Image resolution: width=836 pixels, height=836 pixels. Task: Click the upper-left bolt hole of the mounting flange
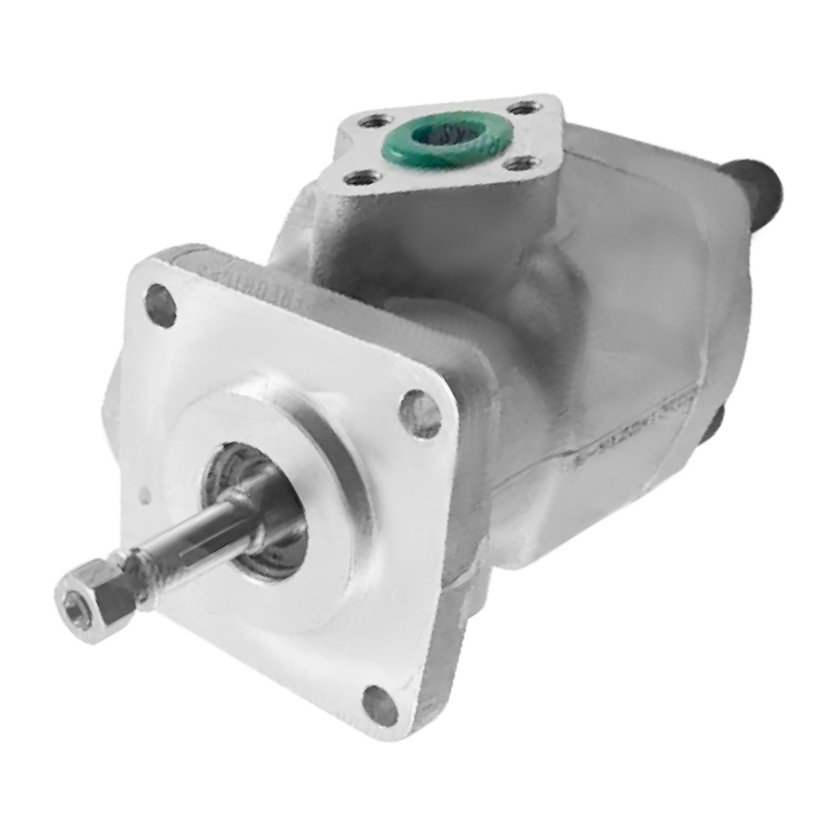[x=161, y=305]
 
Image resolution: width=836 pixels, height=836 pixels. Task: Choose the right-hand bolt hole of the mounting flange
[x=420, y=414]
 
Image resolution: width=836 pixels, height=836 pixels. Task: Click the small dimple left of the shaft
[x=145, y=496]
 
